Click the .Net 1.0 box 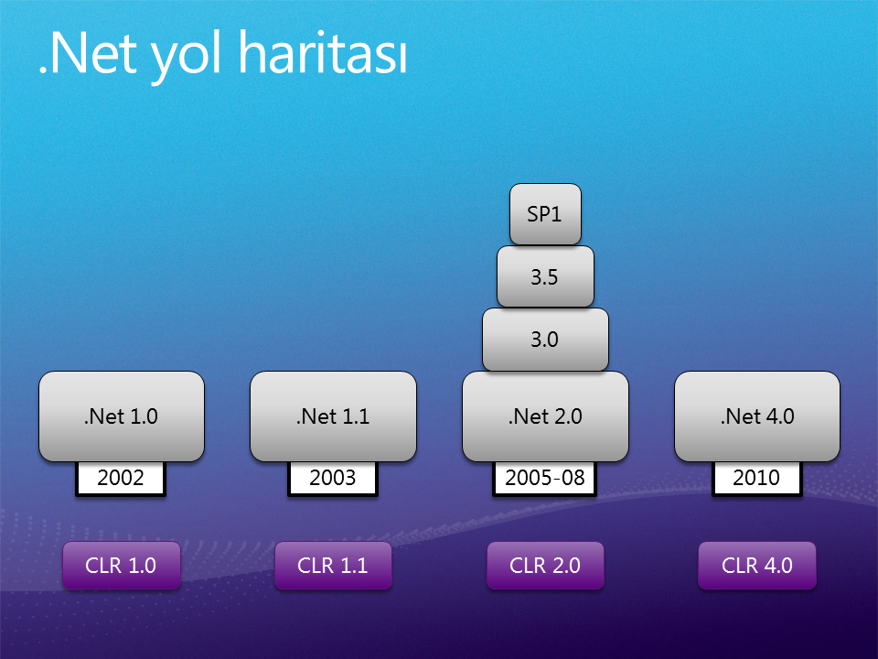pos(122,416)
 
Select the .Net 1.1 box pos(333,416)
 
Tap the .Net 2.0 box pos(545,416)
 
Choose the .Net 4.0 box pos(757,416)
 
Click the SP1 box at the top pos(545,214)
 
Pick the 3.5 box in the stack pos(545,276)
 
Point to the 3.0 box pos(545,340)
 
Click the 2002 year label pos(121,479)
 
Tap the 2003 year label pos(333,479)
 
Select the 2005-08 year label pos(545,479)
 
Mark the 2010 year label pos(757,479)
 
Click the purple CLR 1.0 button pos(122,566)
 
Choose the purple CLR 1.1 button pos(333,566)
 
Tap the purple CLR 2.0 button pos(545,566)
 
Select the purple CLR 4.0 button pos(757,566)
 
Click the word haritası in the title pos(323,53)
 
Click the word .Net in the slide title pos(88,54)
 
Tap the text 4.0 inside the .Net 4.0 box pos(780,416)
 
